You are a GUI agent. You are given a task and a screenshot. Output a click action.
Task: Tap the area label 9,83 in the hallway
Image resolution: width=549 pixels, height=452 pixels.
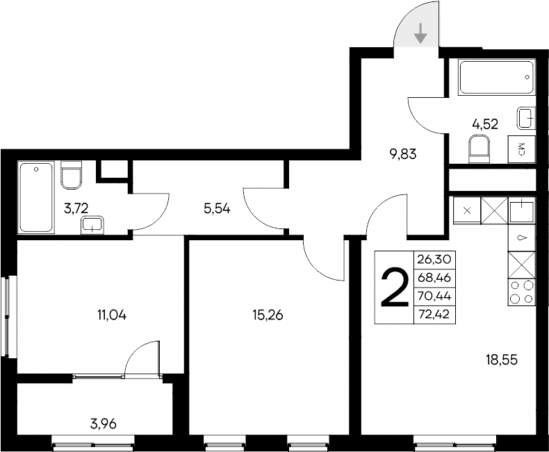click(403, 154)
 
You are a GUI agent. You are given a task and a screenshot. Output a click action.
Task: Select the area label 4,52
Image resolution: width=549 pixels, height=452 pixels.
click(485, 124)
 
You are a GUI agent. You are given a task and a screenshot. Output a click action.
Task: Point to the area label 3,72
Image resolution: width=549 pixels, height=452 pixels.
click(75, 207)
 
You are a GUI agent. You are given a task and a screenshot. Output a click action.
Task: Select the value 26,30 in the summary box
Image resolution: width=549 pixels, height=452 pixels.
click(434, 259)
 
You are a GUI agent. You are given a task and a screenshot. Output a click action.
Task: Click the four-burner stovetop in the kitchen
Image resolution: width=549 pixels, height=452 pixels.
click(522, 292)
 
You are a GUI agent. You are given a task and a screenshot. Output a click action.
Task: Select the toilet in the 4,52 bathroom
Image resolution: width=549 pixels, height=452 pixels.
click(480, 149)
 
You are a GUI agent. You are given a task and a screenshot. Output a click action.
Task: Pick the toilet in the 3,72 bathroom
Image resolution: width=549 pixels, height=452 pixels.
click(72, 175)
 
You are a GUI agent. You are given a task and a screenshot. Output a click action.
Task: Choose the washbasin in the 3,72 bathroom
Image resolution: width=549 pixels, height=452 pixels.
click(92, 224)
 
